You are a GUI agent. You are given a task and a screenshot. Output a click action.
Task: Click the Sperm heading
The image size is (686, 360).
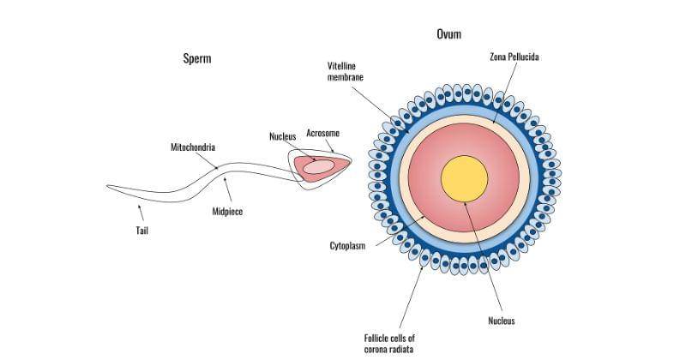[x=197, y=59]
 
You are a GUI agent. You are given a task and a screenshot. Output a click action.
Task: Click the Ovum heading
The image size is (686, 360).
[x=448, y=35]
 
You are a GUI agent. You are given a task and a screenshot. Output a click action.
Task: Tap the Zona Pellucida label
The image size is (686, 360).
[x=514, y=57]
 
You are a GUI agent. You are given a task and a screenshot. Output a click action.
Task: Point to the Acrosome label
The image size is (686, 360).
[x=323, y=134]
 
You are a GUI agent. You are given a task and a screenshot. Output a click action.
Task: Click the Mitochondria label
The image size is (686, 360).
[x=192, y=147]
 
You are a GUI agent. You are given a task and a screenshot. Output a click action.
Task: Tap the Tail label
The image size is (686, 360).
[x=143, y=230]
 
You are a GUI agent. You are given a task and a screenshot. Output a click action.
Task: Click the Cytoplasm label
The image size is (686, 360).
[x=348, y=245]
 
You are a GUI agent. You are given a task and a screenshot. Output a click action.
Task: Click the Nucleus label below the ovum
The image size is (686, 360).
[x=502, y=321]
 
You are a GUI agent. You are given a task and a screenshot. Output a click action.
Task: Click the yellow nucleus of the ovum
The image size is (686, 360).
[x=464, y=178]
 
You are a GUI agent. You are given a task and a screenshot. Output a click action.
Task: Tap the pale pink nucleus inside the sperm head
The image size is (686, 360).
[x=317, y=167]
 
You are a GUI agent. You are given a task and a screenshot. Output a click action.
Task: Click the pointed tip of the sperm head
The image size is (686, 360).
[x=350, y=159]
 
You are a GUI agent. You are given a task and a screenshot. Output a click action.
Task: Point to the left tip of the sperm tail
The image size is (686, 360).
[x=108, y=185]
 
